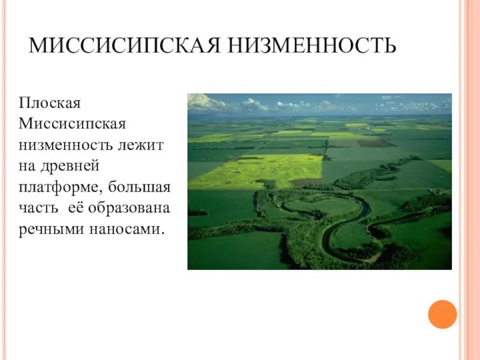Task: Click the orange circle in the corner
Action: click(443, 314)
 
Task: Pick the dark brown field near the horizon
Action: click(374, 143)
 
